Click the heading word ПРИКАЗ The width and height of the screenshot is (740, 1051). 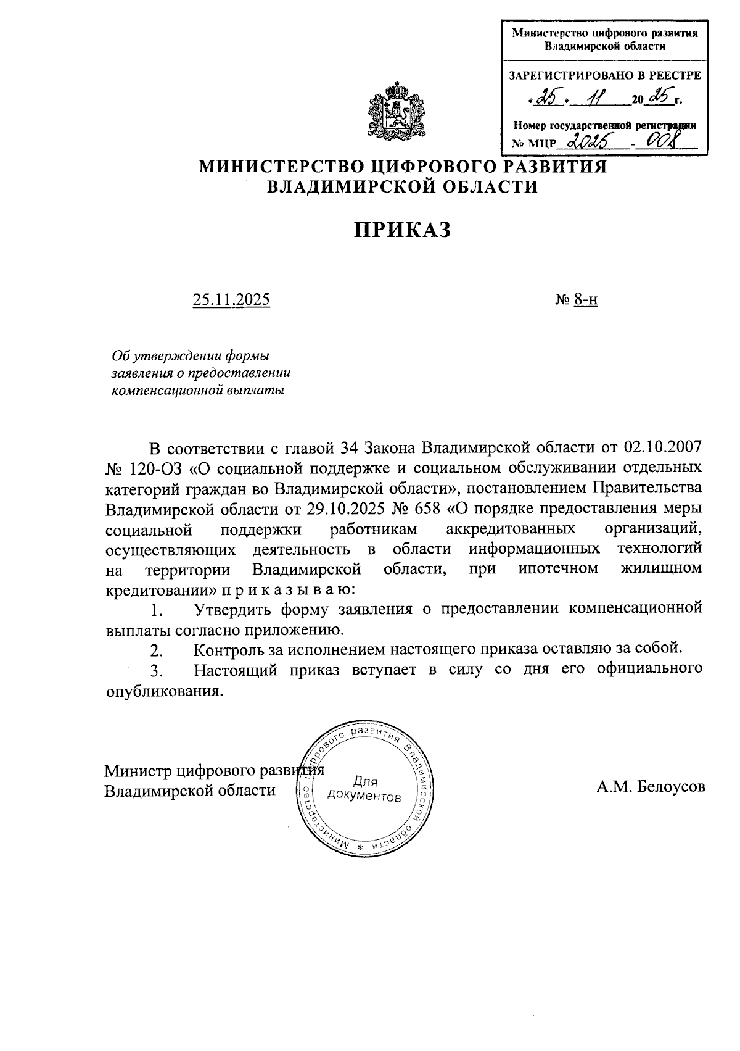click(x=403, y=230)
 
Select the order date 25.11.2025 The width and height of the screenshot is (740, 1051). click(x=231, y=300)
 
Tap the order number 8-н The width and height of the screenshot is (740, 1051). click(x=585, y=300)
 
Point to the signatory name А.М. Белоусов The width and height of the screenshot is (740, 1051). click(x=650, y=787)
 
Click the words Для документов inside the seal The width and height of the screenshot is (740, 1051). click(x=364, y=789)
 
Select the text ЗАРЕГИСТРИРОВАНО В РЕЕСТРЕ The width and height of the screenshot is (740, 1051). click(x=604, y=76)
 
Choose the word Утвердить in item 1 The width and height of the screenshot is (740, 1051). click(x=232, y=610)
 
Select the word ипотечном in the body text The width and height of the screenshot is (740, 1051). click(x=558, y=568)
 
